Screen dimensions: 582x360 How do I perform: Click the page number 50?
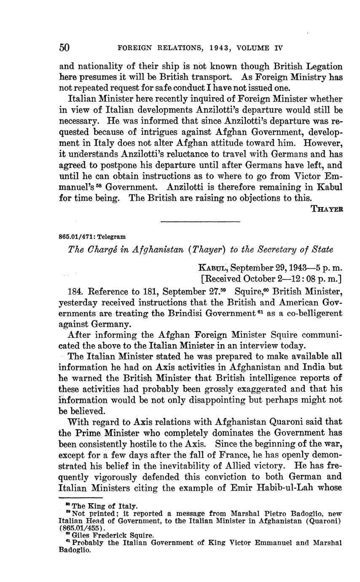pos(64,48)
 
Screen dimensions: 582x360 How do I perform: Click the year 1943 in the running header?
pos(219,48)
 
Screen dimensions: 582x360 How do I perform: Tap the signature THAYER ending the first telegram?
pos(326,209)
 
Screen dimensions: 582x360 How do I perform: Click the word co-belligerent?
pos(310,314)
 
